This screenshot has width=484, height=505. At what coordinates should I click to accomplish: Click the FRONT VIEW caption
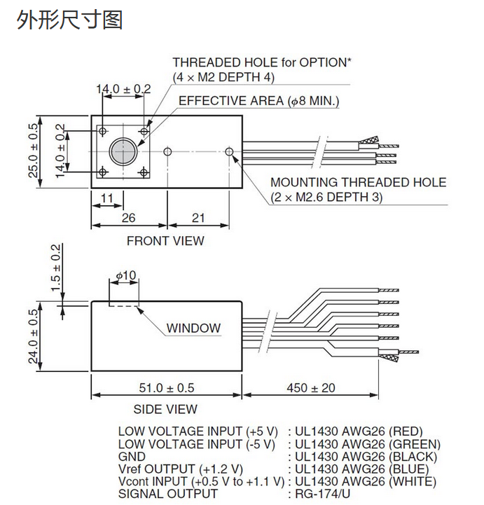165,241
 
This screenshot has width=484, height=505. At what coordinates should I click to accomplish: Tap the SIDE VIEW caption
165,409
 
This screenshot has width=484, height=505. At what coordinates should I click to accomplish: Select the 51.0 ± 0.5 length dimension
166,387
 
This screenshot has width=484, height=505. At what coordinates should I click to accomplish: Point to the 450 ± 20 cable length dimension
311,387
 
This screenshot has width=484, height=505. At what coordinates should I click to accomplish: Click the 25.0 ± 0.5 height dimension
33,151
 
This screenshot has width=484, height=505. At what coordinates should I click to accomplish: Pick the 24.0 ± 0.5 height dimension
33,338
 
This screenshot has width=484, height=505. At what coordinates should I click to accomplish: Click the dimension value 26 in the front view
129,218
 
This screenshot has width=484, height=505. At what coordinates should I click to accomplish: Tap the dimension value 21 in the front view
198,218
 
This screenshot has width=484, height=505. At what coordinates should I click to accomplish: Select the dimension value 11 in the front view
106,199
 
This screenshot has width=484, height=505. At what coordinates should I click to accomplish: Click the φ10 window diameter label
125,276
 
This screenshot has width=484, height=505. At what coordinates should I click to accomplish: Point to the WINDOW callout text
193,328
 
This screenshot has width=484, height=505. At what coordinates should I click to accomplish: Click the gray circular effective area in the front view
123,151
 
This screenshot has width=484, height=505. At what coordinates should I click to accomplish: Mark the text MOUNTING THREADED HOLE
358,182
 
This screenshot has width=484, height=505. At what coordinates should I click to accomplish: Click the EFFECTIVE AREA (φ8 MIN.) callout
258,101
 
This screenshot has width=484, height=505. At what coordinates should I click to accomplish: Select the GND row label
131,457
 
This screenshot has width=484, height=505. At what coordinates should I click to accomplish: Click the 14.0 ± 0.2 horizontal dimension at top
123,89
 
